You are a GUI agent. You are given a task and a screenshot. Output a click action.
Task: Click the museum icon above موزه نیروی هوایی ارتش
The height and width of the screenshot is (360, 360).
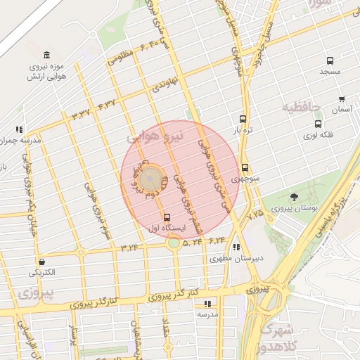[x=46, y=56]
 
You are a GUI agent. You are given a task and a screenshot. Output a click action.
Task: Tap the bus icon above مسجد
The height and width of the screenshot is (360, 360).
[x=330, y=60]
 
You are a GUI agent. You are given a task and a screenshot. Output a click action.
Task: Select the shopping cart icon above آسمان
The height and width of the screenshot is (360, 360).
[x=342, y=99]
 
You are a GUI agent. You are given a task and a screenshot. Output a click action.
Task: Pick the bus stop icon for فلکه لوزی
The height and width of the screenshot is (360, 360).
[x=317, y=124]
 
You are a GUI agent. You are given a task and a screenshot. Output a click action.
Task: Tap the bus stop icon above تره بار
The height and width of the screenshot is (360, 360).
[x=243, y=119]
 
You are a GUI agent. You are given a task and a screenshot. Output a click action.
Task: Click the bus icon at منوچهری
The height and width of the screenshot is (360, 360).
[x=245, y=167]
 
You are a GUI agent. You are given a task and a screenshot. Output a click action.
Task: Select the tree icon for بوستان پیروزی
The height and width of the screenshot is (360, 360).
[x=293, y=198]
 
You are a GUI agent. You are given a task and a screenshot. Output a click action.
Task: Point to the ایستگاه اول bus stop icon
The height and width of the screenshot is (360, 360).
[x=167, y=217]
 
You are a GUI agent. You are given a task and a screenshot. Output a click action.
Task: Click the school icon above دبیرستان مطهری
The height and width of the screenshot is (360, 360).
[x=236, y=247]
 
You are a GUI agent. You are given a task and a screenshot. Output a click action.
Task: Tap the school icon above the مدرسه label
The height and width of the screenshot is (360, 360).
[x=207, y=304]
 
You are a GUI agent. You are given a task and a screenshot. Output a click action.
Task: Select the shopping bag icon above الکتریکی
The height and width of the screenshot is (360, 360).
[x=43, y=262]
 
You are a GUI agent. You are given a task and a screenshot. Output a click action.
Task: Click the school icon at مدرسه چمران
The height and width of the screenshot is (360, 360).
[x=19, y=129]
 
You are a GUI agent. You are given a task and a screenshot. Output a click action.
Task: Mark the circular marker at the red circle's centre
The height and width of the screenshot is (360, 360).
[x=148, y=181]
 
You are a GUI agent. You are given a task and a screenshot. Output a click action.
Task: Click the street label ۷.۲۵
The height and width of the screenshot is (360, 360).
[x=255, y=212]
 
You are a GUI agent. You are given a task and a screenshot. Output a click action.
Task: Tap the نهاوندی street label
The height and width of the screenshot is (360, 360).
[x=166, y=86]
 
